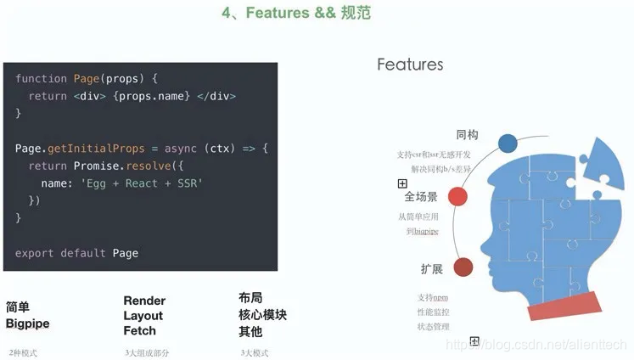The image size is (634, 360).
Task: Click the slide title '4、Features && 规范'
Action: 295,14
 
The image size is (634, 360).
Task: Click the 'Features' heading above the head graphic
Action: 410,65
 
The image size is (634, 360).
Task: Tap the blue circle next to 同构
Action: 508,143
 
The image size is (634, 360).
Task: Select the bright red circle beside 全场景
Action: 457,197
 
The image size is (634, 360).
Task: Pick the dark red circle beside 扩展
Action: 463,268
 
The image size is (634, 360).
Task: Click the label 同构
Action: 468,135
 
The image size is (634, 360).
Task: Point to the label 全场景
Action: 421,197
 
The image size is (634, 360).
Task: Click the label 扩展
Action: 432,269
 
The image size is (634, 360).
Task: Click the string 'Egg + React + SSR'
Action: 143,183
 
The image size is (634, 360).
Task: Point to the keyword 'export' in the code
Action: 35,253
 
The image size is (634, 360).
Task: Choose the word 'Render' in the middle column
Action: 144,301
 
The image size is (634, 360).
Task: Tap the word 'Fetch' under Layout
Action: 139,330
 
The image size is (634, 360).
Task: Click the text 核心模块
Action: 262,315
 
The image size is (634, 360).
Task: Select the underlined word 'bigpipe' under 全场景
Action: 426,231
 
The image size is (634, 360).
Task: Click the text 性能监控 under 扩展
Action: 433,312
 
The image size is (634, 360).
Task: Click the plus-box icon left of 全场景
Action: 402,183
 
